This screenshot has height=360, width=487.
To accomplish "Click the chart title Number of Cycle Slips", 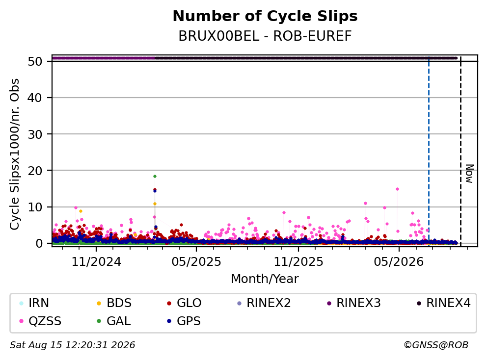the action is (265, 16).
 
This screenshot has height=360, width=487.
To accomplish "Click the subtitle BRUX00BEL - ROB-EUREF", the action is (265, 36).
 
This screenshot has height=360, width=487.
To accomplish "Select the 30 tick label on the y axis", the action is (35, 134).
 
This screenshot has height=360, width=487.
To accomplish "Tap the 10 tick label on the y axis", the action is (35, 207).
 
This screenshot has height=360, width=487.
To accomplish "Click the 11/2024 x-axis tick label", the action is (96, 262).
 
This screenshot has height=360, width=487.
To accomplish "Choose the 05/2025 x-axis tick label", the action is (196, 262).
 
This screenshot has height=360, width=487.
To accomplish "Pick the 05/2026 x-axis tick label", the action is (399, 262).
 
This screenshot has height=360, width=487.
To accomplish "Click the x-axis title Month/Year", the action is (265, 279).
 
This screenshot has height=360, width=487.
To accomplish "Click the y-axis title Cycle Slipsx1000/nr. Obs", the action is (15, 154).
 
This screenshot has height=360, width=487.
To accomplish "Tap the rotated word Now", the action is (470, 174).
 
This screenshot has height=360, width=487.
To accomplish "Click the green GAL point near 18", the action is (155, 176).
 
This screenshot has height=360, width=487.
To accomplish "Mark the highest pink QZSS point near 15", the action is (397, 189).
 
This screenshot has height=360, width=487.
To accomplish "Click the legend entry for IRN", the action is (34, 303).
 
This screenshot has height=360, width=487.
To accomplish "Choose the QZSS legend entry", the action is (40, 321).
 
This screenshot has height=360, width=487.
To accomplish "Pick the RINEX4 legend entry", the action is (443, 303).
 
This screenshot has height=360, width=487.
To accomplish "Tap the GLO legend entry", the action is (184, 303).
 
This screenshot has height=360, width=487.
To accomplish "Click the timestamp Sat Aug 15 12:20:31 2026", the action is (73, 345).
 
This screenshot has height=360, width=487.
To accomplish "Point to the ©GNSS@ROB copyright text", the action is (436, 345).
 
